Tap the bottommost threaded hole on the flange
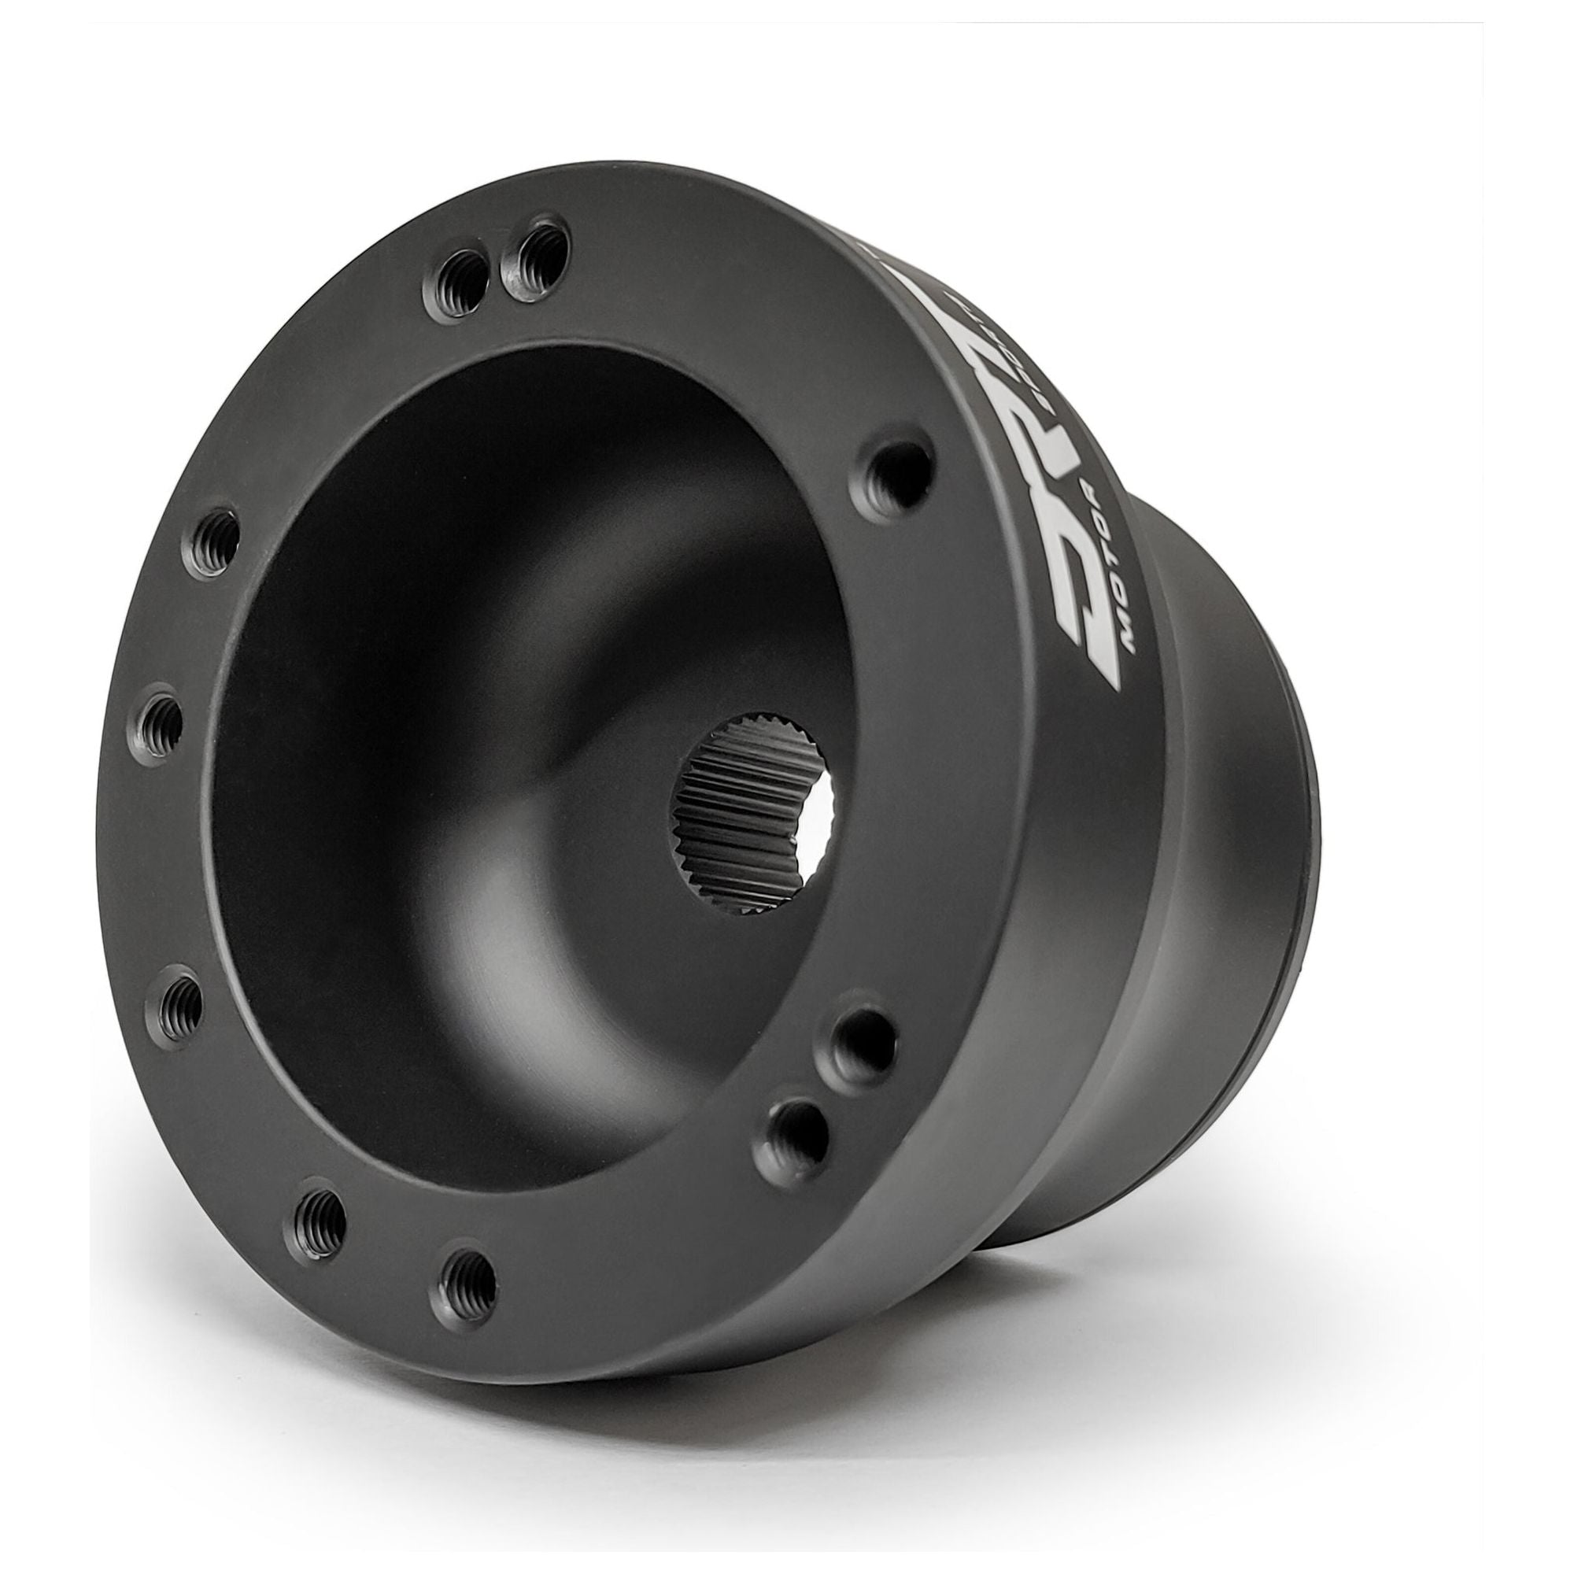470,1300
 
